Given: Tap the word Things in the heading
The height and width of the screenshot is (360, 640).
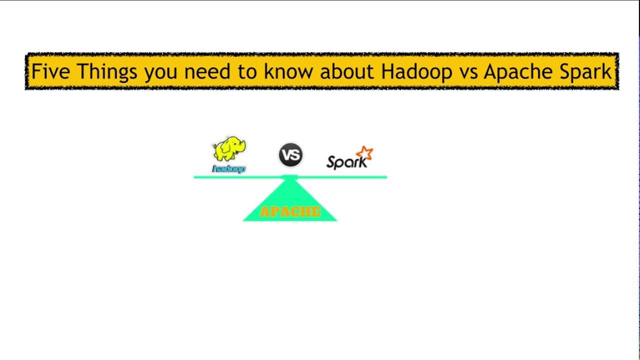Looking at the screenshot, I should coord(106,71).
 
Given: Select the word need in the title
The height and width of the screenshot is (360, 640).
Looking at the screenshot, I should coord(207,71).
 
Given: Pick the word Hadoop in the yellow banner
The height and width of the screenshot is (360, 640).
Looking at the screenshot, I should coord(416,71).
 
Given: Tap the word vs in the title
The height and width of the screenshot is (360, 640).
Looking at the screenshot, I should coord(468,71).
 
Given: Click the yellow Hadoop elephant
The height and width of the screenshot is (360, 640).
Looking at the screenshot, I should coord(229,149).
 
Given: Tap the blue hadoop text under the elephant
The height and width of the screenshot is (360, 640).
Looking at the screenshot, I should coord(229,169).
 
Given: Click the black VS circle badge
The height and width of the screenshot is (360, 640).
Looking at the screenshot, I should coord(290,154).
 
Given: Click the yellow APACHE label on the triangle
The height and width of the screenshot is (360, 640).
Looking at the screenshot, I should coord(290,211).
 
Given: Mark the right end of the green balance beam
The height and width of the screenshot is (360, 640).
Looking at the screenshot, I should coord(385,177).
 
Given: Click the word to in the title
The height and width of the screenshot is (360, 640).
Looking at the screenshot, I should coord(247,71).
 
